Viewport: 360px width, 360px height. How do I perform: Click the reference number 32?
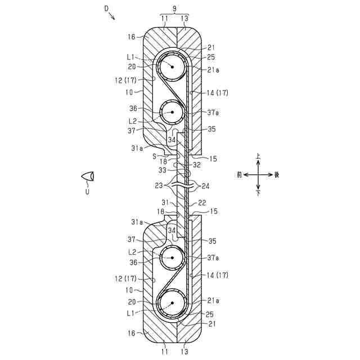click(196, 165)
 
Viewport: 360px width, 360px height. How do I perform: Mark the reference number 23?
click(159, 185)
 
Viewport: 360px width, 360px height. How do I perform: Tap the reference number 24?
click(206, 185)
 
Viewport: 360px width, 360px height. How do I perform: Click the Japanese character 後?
click(277, 174)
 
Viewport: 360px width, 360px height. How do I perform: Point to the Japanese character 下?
click(258, 193)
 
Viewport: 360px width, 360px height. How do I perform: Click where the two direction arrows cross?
click(258, 174)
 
